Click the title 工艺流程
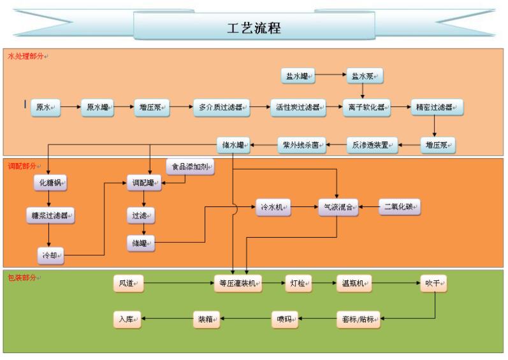coord(254,28)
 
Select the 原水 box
coord(45,108)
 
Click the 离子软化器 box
coord(366,108)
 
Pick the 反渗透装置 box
coord(373,145)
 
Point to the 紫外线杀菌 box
coord(301,145)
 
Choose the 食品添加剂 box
coord(191,168)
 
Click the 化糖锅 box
coord(51,183)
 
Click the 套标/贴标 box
coord(359,320)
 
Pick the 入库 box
coord(127,320)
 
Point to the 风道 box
coord(128,284)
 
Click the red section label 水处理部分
coord(25,56)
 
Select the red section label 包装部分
coord(22,278)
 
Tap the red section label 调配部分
coord(22,166)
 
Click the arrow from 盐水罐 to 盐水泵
coord(331,76)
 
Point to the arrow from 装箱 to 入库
coord(168,320)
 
